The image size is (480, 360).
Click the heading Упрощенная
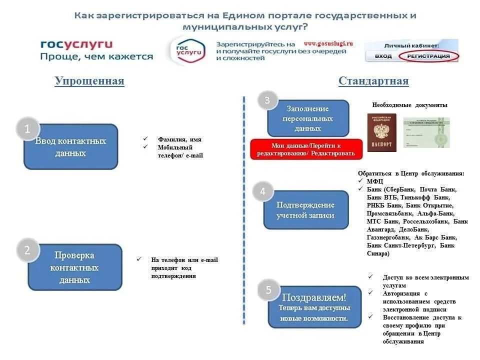[x=89, y=81]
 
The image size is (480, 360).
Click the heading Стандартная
[x=373, y=81]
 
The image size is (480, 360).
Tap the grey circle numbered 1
[x=27, y=129]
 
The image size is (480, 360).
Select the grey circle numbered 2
[x=27, y=250]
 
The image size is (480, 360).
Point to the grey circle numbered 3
[x=267, y=100]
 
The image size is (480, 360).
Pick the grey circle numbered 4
[x=262, y=191]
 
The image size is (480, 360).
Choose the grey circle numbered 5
[x=268, y=290]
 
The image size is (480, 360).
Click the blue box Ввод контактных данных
[x=71, y=147]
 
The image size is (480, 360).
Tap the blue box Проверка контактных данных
[x=75, y=267]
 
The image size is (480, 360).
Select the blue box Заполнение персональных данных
[x=308, y=118]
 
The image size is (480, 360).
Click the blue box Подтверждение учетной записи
[x=306, y=210]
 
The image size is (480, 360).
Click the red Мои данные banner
[x=306, y=149]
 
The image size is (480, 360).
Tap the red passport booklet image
[x=381, y=132]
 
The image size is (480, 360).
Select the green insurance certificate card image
[x=426, y=132]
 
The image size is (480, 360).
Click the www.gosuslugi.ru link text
[x=328, y=43]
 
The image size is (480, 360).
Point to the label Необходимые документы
[x=410, y=105]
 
